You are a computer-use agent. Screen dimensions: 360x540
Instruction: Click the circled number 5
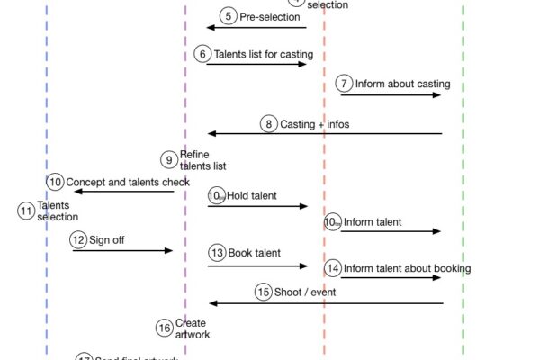pos(229,16)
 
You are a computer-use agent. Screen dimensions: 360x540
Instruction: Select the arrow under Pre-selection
pos(256,28)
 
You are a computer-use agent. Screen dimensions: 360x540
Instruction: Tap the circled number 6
pos(203,54)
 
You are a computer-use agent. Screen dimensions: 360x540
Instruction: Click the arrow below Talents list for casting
pos(256,64)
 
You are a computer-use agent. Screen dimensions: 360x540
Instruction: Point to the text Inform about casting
pos(402,85)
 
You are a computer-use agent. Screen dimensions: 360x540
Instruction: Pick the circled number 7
pos(344,84)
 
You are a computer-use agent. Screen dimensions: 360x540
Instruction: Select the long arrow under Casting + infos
pos(324,134)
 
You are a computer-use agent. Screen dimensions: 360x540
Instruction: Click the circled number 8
pos(269,124)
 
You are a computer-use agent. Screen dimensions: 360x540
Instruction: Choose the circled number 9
pos(169,159)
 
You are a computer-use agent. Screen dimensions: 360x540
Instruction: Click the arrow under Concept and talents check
pos(123,191)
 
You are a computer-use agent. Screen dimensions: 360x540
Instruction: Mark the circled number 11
pos(26,211)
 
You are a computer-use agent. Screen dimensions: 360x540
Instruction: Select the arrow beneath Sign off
pos(121,250)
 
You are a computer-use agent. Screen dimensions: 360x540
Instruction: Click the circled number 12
pos(79,239)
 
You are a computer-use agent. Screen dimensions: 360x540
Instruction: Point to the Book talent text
pos(254,254)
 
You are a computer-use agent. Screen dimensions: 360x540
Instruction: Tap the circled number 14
pos(333,268)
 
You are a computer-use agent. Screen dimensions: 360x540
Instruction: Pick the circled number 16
pos(165,328)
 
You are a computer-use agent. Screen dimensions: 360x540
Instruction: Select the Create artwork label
pos(193,328)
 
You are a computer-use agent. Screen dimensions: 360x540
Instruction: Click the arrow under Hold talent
pos(257,206)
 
